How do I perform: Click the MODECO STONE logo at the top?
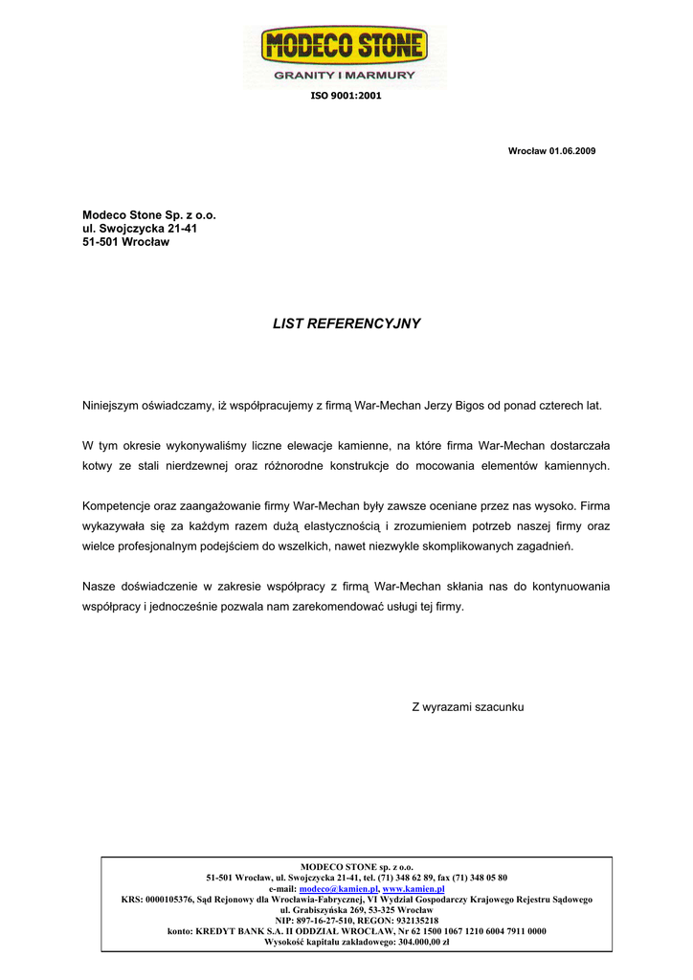346,46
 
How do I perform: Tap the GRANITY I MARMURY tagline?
346,75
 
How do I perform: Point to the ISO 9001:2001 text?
346,96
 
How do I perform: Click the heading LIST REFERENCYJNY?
346,323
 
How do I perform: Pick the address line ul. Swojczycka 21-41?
140,229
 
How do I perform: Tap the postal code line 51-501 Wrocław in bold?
125,242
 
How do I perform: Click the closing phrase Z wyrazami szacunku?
468,707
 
